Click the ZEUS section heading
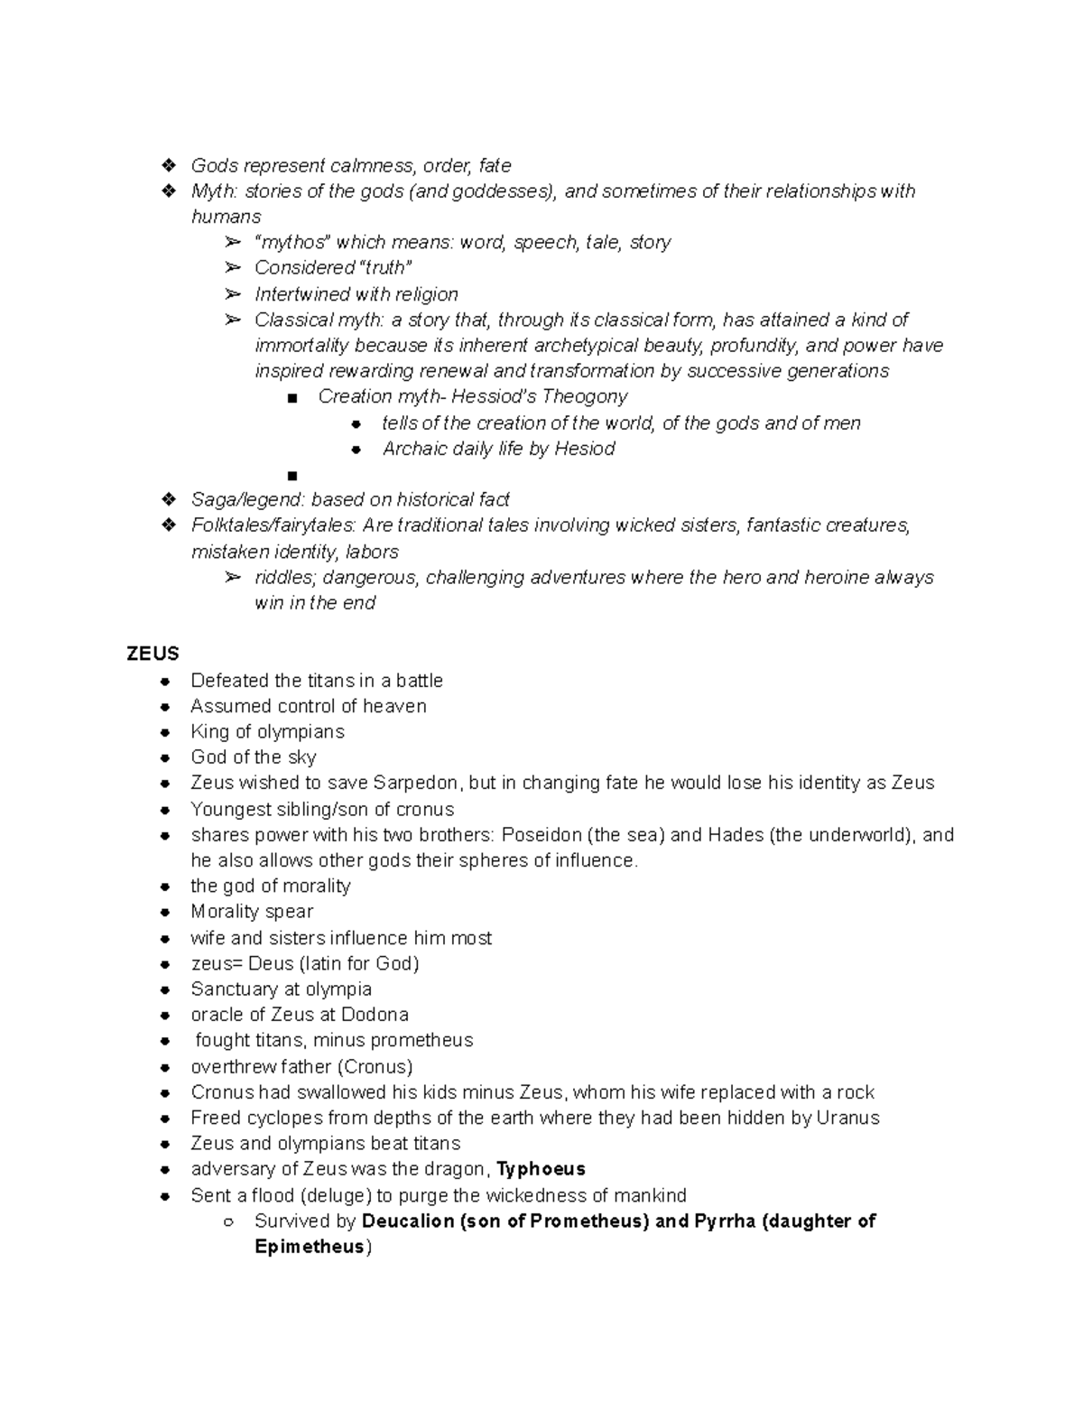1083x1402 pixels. point(153,654)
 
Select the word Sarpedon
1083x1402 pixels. point(416,783)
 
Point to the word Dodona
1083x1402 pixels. point(375,1014)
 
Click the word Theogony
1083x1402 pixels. point(584,396)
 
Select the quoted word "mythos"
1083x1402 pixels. point(292,242)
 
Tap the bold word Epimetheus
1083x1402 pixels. point(310,1247)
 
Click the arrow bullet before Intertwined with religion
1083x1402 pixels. point(233,293)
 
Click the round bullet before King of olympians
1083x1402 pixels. point(164,732)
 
